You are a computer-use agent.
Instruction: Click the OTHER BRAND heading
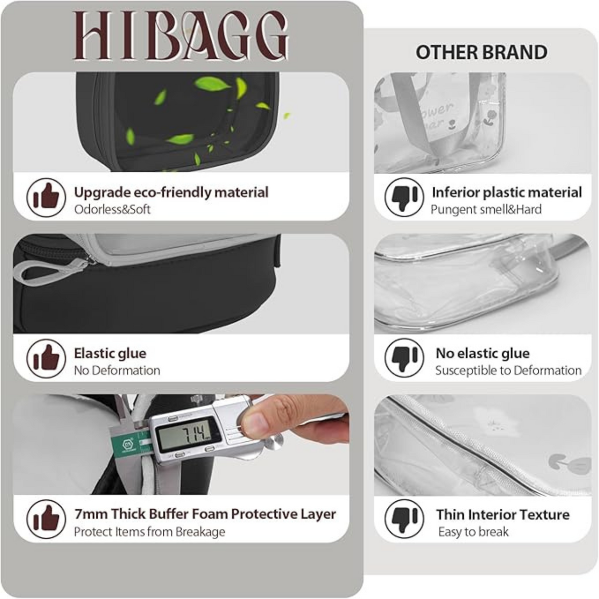click(x=481, y=52)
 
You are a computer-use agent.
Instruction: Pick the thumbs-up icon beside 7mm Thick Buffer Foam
click(x=46, y=519)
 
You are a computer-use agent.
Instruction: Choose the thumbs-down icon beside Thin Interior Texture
click(x=404, y=519)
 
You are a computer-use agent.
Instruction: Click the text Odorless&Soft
click(x=112, y=209)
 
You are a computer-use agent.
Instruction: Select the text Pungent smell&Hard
click(x=486, y=209)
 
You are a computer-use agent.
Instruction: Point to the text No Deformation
click(x=117, y=370)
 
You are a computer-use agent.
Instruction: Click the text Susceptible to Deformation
click(x=508, y=370)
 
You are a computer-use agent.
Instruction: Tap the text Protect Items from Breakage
click(x=150, y=532)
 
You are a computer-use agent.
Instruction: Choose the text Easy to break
click(x=473, y=532)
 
